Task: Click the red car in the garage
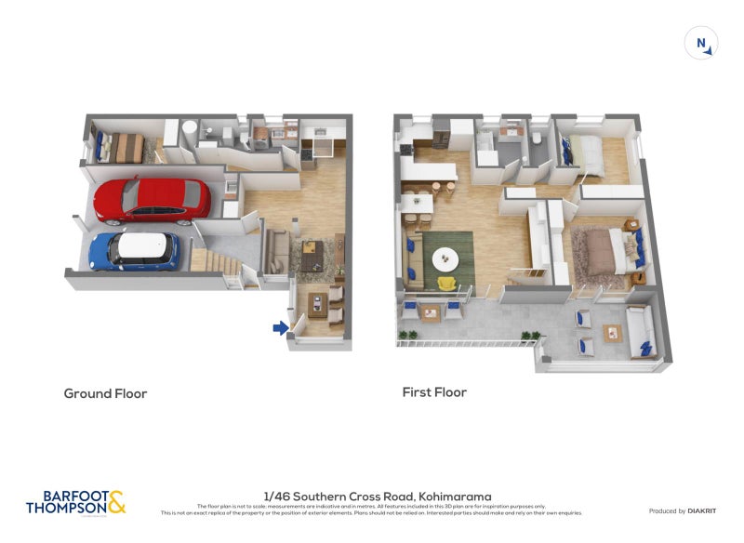[x=152, y=200]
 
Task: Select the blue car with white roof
[x=134, y=250]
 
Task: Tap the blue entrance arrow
[x=279, y=326]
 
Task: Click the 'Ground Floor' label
[x=105, y=393]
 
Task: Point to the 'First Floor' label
[x=434, y=392]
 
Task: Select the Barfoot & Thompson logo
[x=75, y=502]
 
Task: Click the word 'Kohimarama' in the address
[x=455, y=497]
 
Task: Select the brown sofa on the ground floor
[x=275, y=250]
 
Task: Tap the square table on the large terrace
[x=613, y=333]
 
